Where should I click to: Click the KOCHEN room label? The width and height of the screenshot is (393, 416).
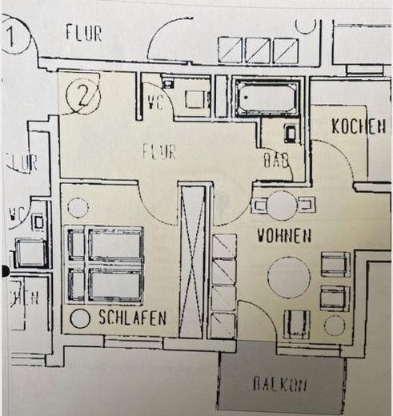[359, 126]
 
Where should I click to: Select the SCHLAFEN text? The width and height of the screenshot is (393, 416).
[133, 318]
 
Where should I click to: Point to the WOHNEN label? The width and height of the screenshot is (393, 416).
[283, 236]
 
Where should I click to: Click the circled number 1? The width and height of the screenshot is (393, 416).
[14, 36]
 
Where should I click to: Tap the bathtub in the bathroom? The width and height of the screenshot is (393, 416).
[267, 98]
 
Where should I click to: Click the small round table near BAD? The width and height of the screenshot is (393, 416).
[282, 206]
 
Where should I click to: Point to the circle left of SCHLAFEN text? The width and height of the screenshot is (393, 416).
[80, 318]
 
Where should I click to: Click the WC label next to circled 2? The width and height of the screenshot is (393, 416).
[156, 102]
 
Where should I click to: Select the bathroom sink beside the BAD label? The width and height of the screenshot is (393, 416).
[290, 132]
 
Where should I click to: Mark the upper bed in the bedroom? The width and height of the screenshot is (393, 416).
[106, 244]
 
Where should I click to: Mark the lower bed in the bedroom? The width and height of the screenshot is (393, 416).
[106, 284]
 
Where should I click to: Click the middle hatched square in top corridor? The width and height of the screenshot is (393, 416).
[258, 50]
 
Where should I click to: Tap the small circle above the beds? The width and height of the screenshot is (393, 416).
[78, 208]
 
